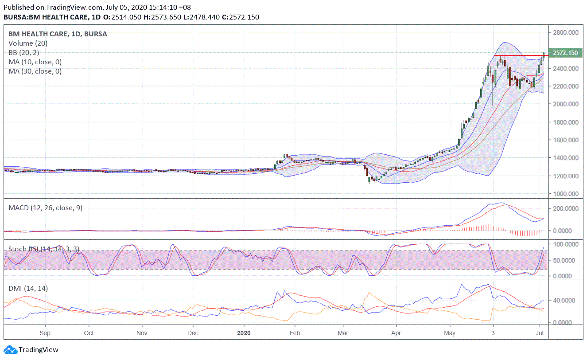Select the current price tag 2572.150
(x=564, y=53)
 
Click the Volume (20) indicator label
(x=28, y=43)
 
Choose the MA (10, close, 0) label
(x=35, y=62)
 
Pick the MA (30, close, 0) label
(x=35, y=71)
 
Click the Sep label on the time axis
(x=45, y=332)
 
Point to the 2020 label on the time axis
(x=244, y=332)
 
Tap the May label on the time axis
(x=450, y=332)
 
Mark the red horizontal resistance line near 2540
(x=521, y=55)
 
